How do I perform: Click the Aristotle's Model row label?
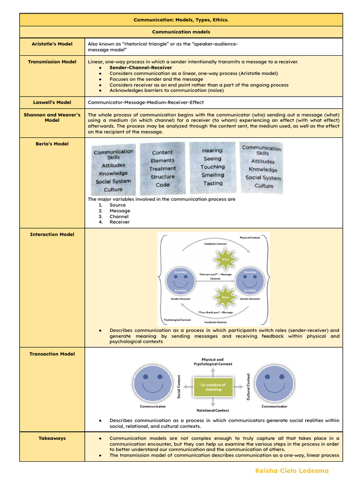point(52,44)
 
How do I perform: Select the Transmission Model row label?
point(52,61)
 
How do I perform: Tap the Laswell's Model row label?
point(52,102)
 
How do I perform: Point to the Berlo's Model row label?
point(52,144)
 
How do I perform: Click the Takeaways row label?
point(52,438)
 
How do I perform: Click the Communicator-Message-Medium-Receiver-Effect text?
point(145,102)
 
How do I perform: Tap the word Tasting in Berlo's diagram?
point(213,183)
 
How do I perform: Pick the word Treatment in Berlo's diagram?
point(163,168)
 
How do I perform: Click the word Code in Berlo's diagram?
point(163,185)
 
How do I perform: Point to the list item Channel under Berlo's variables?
point(119,217)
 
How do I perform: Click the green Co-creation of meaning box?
point(213,387)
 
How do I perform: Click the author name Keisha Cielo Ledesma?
point(292,471)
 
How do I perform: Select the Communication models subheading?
point(180,32)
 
